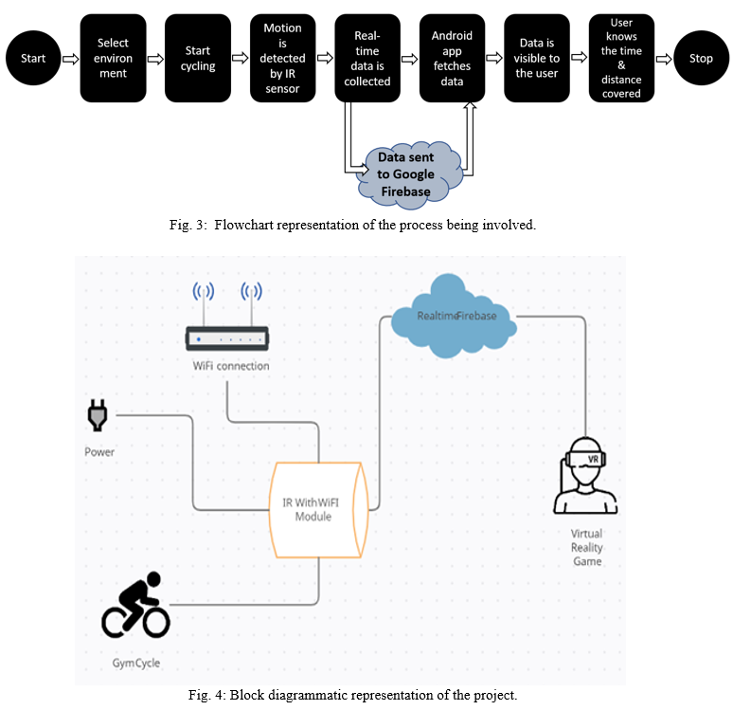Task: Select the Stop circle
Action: tap(701, 59)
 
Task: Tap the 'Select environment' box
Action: tap(113, 59)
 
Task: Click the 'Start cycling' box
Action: tap(198, 59)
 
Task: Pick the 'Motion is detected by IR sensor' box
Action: tap(282, 59)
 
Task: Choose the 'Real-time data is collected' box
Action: tap(367, 59)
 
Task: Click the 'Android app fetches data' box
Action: tap(452, 59)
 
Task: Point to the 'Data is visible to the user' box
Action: tap(537, 59)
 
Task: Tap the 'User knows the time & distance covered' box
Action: tap(621, 59)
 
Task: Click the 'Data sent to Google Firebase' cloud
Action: tap(406, 173)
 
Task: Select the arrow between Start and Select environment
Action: tap(69, 59)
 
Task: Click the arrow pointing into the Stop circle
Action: tap(664, 59)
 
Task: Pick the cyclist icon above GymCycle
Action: tap(135, 606)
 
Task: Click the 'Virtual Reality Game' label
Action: tap(587, 548)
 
